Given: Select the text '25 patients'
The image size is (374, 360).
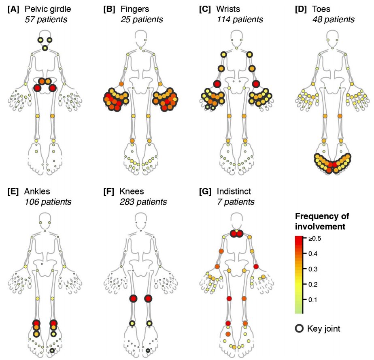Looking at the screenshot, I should click(x=142, y=19).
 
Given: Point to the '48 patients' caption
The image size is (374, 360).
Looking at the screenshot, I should click(x=334, y=19).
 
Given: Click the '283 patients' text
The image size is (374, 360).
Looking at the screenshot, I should click(x=143, y=201).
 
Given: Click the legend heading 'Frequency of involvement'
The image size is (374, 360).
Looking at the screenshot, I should click(x=322, y=221).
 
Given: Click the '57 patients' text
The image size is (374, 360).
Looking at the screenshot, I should click(x=45, y=19).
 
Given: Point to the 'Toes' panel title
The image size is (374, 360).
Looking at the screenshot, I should click(x=321, y=9).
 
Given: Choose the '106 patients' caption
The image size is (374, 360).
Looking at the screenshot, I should click(x=48, y=201).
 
